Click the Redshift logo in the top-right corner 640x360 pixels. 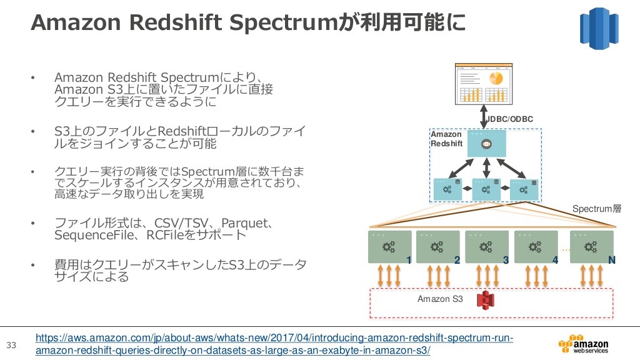pyautogui.click(x=599, y=28)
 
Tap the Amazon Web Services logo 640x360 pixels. pyautogui.click(x=583, y=344)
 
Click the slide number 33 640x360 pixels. pyautogui.click(x=11, y=345)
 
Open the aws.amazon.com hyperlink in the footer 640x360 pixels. pyautogui.click(x=274, y=344)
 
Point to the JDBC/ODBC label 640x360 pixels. pyautogui.click(x=510, y=119)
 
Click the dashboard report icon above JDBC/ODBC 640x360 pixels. pyautogui.click(x=484, y=84)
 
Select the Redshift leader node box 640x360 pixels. pyautogui.click(x=486, y=143)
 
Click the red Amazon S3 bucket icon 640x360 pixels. pyautogui.click(x=485, y=300)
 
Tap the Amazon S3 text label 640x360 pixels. pyautogui.click(x=440, y=299)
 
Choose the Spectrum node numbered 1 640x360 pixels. pyautogui.click(x=390, y=247)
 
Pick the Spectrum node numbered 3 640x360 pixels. pyautogui.click(x=487, y=247)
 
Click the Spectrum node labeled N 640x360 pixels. pyautogui.click(x=592, y=247)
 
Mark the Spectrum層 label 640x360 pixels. pyautogui.click(x=597, y=209)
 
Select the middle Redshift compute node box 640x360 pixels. pyautogui.click(x=486, y=189)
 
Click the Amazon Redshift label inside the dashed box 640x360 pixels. pyautogui.click(x=446, y=139)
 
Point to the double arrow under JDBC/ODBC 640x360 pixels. pyautogui.click(x=484, y=116)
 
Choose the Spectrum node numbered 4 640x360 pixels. pyautogui.click(x=536, y=247)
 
